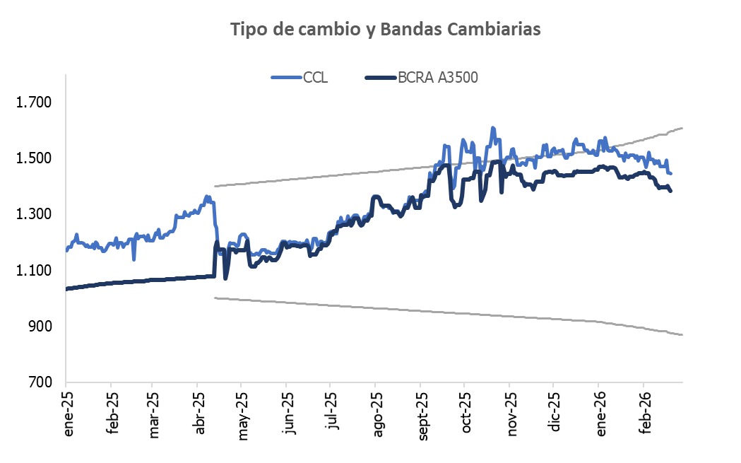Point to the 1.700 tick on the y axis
coord(35,102)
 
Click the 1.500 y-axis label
coord(35,158)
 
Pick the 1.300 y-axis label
coord(35,214)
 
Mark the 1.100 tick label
coord(35,270)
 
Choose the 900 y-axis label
coord(40,326)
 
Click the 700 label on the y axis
coord(40,382)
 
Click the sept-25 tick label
coord(422,417)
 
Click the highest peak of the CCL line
coord(492,128)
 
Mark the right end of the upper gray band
coord(682,128)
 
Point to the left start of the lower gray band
coord(214,298)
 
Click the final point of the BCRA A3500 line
coord(670,191)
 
